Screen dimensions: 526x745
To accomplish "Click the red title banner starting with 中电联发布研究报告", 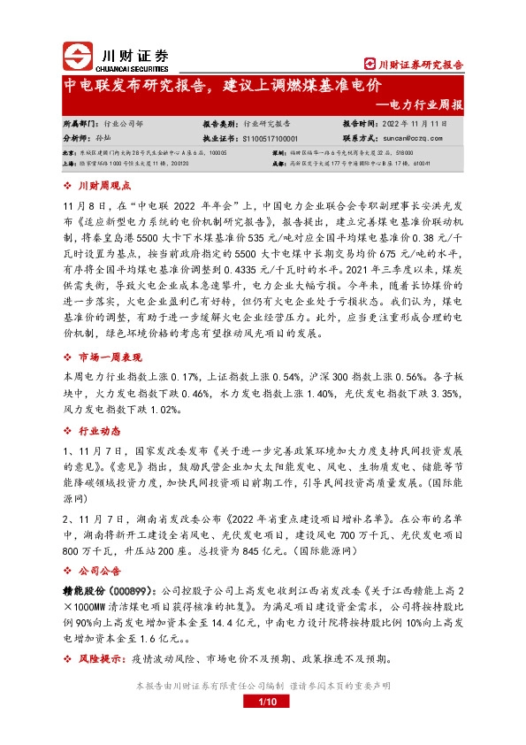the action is pos(222,86).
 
